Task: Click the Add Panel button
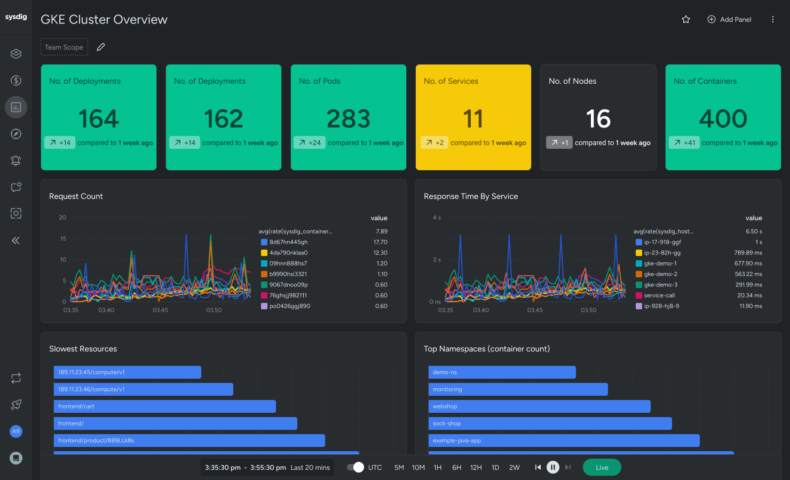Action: click(729, 20)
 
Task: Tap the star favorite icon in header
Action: click(686, 20)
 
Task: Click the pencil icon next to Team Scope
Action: click(101, 47)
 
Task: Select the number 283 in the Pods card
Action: click(349, 118)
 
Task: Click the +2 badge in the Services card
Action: click(434, 142)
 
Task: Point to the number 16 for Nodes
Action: click(598, 118)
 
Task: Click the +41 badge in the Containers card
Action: click(684, 142)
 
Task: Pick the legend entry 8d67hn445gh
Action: click(288, 242)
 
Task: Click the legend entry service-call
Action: click(659, 295)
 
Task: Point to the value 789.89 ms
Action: click(748, 253)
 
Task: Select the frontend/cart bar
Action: click(164, 406)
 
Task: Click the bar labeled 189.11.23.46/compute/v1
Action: click(143, 389)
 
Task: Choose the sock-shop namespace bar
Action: click(550, 423)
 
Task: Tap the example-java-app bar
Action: click(564, 441)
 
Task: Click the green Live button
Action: click(602, 467)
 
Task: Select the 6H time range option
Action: click(456, 468)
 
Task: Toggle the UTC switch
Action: click(355, 467)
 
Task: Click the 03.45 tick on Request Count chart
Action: click(160, 310)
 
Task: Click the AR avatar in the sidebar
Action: click(16, 431)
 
